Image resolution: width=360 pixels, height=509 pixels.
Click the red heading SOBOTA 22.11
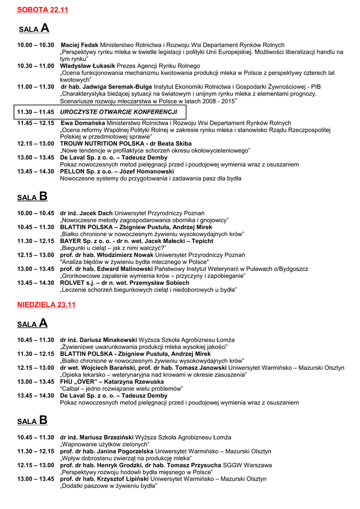click(43, 9)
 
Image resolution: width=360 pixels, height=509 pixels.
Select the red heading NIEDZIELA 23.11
click(46, 305)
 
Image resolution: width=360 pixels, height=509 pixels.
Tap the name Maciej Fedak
click(80, 45)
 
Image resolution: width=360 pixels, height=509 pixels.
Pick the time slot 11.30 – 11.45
click(36, 112)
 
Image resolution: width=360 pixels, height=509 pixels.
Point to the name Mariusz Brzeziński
click(103, 437)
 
